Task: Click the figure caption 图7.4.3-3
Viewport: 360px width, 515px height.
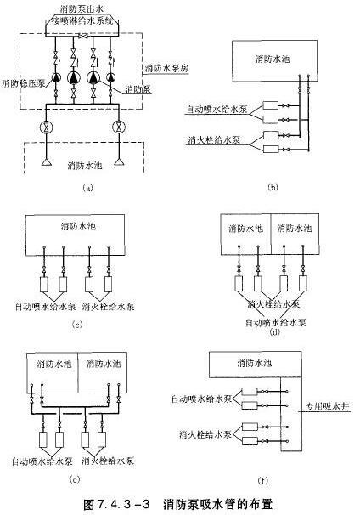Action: [x=116, y=504]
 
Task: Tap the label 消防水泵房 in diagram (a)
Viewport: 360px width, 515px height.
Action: [x=166, y=68]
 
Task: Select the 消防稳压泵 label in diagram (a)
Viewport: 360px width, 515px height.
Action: [x=23, y=84]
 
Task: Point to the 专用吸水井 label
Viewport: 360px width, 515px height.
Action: [x=327, y=406]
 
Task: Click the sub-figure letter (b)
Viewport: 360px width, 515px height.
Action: [x=273, y=187]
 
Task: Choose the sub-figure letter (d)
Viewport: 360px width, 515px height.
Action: [x=274, y=331]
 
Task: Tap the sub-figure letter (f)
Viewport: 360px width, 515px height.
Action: [x=263, y=480]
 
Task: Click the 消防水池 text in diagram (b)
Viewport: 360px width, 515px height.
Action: [x=273, y=59]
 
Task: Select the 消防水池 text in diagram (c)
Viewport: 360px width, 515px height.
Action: [x=78, y=226]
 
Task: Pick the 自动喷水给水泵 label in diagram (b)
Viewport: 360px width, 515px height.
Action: [x=217, y=110]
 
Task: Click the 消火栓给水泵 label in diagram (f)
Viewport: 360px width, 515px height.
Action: [x=205, y=435]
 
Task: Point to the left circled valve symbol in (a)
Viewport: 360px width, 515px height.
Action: [x=46, y=127]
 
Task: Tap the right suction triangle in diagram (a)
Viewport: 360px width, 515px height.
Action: [x=119, y=161]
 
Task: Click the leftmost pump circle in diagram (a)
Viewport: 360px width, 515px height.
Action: [x=56, y=77]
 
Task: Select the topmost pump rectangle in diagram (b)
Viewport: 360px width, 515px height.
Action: [x=271, y=105]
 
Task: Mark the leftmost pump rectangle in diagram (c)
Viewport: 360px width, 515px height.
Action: [x=44, y=285]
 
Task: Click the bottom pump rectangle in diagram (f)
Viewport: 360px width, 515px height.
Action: [x=250, y=441]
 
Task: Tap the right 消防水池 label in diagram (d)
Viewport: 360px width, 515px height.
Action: [x=295, y=228]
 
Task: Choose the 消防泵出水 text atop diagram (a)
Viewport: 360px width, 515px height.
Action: [x=82, y=8]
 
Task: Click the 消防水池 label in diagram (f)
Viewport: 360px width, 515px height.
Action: [x=255, y=363]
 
